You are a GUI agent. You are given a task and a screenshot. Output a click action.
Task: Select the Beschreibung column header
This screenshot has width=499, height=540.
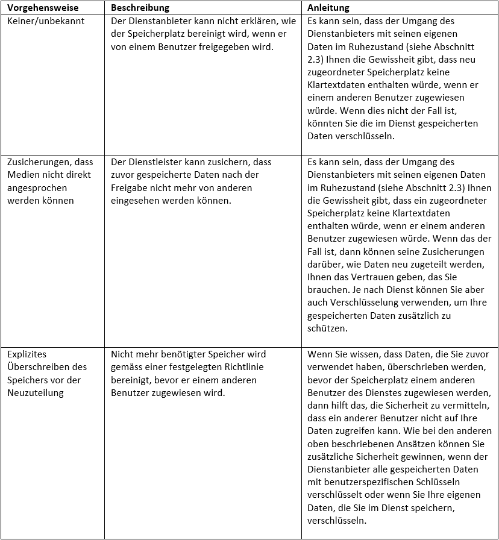140,8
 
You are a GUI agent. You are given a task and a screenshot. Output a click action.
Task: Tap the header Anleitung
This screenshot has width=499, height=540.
328,8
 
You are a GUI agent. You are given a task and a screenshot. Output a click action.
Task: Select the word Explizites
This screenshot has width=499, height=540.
27,354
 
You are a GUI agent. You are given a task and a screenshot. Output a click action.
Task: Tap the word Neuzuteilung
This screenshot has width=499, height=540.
36,392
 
